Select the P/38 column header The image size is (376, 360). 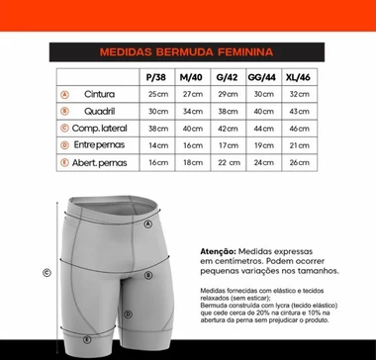[x=153, y=76]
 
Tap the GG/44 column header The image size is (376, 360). [x=262, y=76]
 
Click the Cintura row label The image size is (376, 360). [x=100, y=94]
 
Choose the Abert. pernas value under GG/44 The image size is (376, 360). [x=262, y=162]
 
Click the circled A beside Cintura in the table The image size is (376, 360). [x=65, y=94]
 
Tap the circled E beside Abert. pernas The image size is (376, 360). [x=65, y=162]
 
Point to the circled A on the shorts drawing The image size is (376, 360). [x=147, y=224]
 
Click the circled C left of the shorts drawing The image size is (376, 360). [x=47, y=273]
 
